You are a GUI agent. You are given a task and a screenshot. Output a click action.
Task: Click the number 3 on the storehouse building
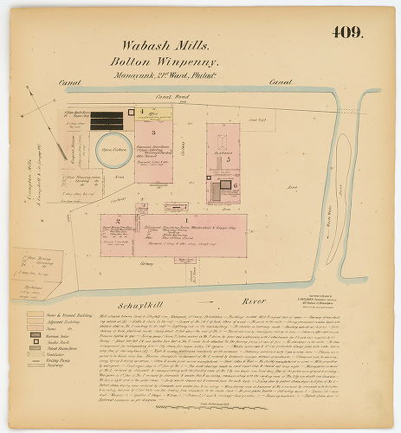click(152, 133)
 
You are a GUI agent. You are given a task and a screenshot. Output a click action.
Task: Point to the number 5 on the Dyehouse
click(227, 159)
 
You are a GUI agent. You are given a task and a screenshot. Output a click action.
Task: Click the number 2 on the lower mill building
click(115, 221)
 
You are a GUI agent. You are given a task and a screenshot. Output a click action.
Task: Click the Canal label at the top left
click(69, 81)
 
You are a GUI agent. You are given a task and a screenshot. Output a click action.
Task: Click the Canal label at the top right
click(280, 81)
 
